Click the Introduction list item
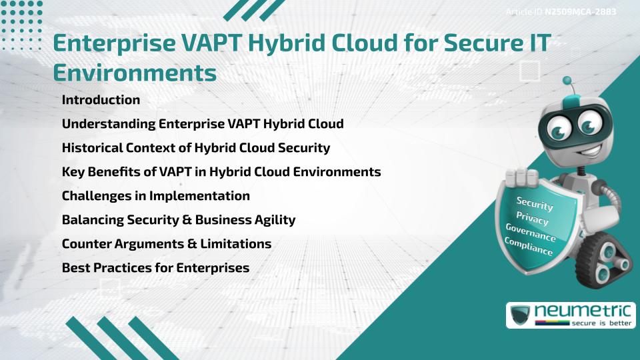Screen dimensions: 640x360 tap(101, 99)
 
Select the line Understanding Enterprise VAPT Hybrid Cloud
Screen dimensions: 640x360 tap(203, 124)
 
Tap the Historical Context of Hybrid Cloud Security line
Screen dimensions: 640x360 tap(196, 148)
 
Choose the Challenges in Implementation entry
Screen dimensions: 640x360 tap(156, 196)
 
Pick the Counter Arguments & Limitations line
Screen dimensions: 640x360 tap(167, 244)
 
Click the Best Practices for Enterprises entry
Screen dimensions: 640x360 tap(155, 268)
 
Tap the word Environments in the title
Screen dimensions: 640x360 tap(135, 73)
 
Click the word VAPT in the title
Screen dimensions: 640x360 tap(211, 43)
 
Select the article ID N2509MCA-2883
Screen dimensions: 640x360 tap(581, 11)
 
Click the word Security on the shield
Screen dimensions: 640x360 tap(535, 203)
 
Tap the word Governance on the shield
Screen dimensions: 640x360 tap(531, 232)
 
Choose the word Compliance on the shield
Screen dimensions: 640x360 tap(529, 247)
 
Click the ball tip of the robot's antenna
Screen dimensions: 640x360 tap(567, 81)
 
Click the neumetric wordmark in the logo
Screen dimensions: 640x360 tap(583, 311)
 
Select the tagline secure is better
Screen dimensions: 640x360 tap(601, 323)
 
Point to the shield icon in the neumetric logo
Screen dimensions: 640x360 tap(521, 315)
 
